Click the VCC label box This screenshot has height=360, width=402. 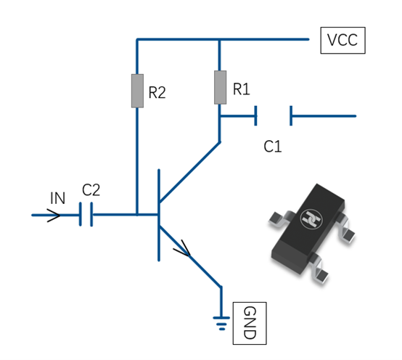coord(342,40)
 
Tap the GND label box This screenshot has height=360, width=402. coord(250,323)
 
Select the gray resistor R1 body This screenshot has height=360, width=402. coord(220,87)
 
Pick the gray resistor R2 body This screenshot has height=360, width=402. coord(137,91)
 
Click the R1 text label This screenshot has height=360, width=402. coord(241,89)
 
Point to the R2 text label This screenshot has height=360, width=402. coord(157,92)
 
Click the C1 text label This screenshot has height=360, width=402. coord(273,147)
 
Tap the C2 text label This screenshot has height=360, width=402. coord(91,189)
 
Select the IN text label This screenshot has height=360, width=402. coord(57,198)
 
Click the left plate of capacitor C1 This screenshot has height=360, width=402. coord(255,115)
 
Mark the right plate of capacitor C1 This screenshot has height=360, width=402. coord(291,115)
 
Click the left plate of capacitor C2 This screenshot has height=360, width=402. coord(81,214)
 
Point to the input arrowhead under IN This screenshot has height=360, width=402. coord(54,216)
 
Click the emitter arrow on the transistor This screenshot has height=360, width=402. coord(183,249)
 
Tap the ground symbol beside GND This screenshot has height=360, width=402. coord(221,324)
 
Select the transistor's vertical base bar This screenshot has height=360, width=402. coord(159,215)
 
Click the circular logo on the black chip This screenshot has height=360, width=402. coord(311,218)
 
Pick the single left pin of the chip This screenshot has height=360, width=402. coord(278,218)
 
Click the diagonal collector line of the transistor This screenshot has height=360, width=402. coord(189,171)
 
